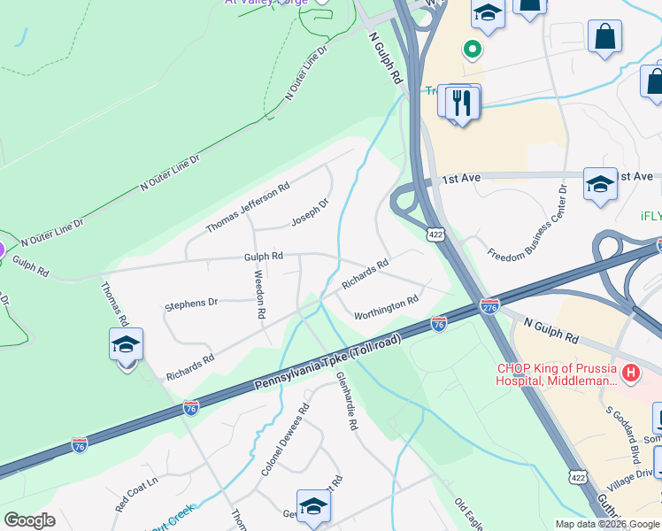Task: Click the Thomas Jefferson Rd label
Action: tap(248, 208)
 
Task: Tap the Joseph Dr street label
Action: tap(310, 212)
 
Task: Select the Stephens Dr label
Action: tap(191, 304)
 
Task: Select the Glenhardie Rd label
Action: tap(346, 400)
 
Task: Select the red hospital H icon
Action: tap(630, 373)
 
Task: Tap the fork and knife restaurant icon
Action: tap(461, 103)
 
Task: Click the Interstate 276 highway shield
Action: tap(489, 305)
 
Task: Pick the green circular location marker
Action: tap(473, 50)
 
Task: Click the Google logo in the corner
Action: tap(29, 520)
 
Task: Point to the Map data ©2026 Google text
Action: tap(607, 524)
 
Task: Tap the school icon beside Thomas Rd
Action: tap(126, 345)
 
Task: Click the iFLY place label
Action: tap(650, 216)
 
